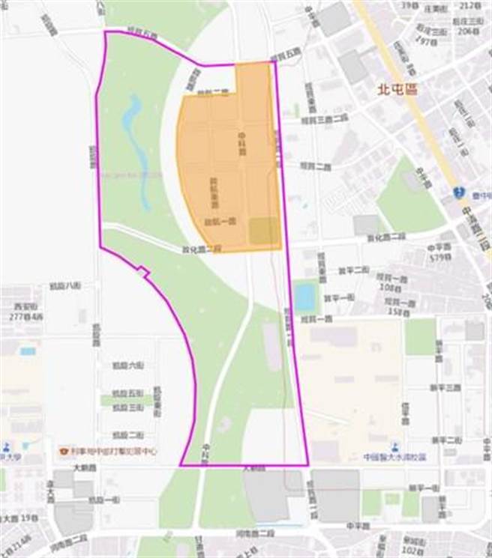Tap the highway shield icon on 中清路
[458, 192]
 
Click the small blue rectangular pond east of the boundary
[304, 297]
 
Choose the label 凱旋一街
[103, 500]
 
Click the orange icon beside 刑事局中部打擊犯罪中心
[64, 452]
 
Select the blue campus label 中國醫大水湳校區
[394, 456]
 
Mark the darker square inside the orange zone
[262, 231]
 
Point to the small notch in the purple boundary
[143, 273]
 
